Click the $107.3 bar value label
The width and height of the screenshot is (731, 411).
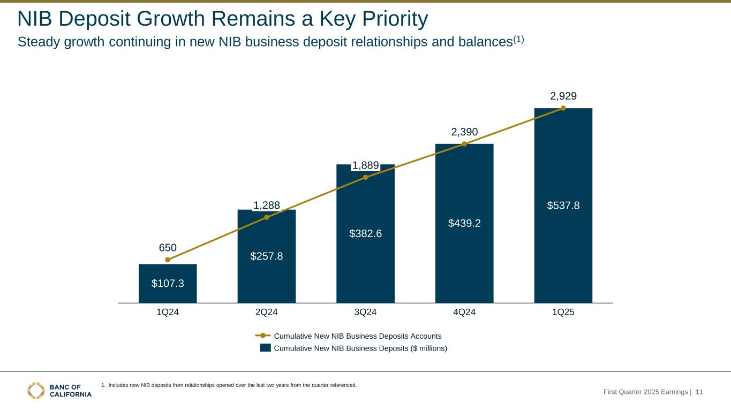tap(168, 284)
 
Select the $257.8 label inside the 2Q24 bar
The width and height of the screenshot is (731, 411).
tap(267, 256)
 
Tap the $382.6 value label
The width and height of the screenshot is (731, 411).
tap(365, 233)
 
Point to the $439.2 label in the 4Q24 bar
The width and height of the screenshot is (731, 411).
tap(464, 223)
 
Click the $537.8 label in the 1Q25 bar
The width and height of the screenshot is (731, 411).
tap(563, 205)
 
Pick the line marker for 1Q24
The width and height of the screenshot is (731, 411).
tap(168, 260)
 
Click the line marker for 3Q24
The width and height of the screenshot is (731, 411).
tap(365, 177)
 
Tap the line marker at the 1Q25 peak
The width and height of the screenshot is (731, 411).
tap(563, 108)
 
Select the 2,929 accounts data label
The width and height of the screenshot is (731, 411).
tap(563, 96)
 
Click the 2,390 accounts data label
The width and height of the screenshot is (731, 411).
tap(464, 132)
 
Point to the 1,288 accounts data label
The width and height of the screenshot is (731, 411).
tap(267, 205)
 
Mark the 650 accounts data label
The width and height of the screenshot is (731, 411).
tap(168, 248)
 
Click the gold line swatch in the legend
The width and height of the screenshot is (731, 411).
tap(263, 336)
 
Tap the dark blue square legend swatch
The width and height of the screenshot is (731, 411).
tap(265, 348)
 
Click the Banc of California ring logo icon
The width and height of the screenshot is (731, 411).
tap(36, 391)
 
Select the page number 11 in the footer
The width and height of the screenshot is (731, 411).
tap(699, 392)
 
